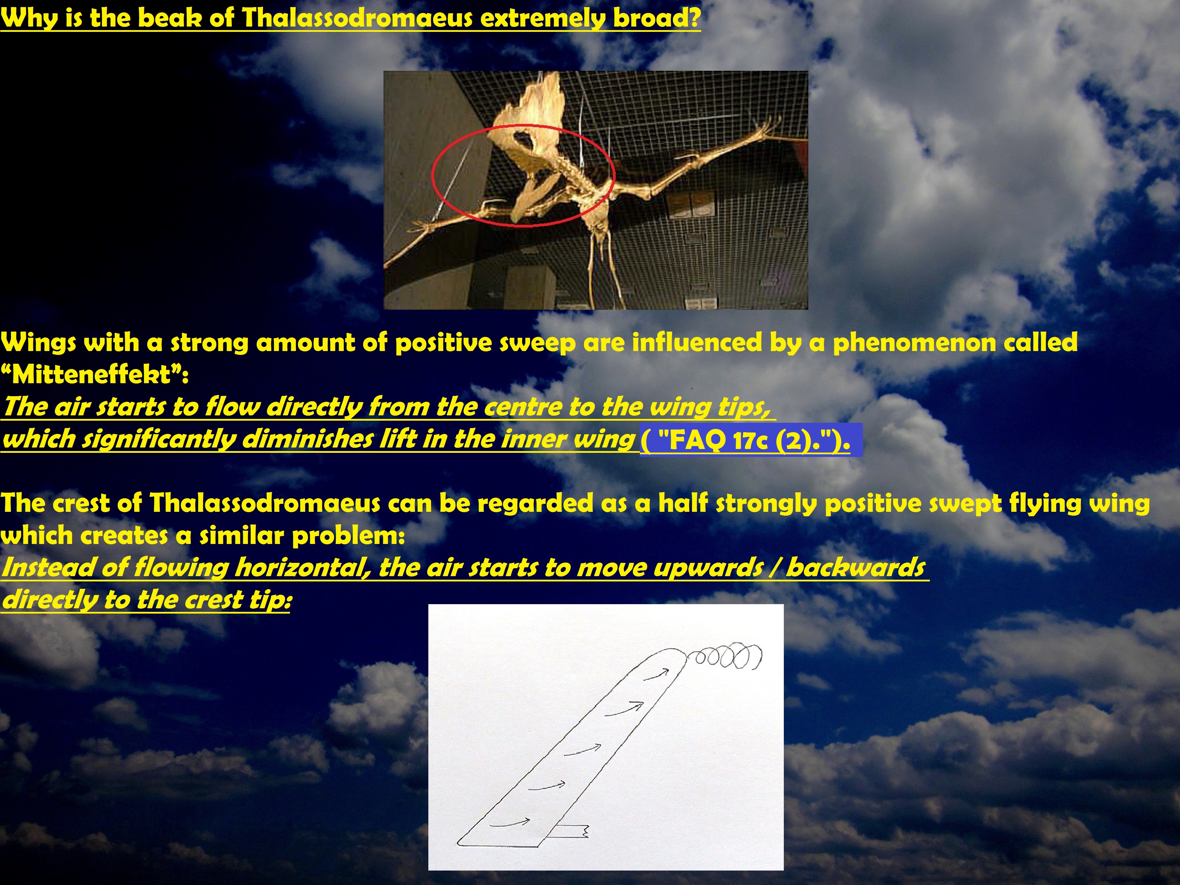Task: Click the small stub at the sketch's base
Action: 570,830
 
